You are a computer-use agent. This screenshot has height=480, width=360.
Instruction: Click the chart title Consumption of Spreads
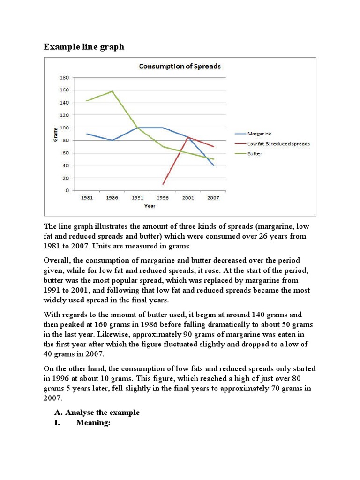(x=180, y=66)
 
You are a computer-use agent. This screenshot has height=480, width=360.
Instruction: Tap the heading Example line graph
(x=84, y=47)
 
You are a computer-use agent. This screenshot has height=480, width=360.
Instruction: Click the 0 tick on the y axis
(x=67, y=191)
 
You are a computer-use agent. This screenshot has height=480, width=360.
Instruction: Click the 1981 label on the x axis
(x=87, y=198)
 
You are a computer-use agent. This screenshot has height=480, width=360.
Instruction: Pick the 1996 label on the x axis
(x=163, y=198)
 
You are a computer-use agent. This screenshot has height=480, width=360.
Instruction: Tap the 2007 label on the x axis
(x=214, y=198)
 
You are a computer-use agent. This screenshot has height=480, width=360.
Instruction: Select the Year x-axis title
(x=150, y=205)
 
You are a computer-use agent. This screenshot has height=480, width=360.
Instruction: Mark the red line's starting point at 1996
(x=163, y=184)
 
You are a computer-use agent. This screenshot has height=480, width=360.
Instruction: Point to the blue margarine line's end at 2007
(x=214, y=165)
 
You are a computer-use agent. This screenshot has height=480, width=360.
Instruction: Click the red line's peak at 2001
(x=188, y=137)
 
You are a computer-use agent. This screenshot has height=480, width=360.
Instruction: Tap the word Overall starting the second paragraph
(x=57, y=260)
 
